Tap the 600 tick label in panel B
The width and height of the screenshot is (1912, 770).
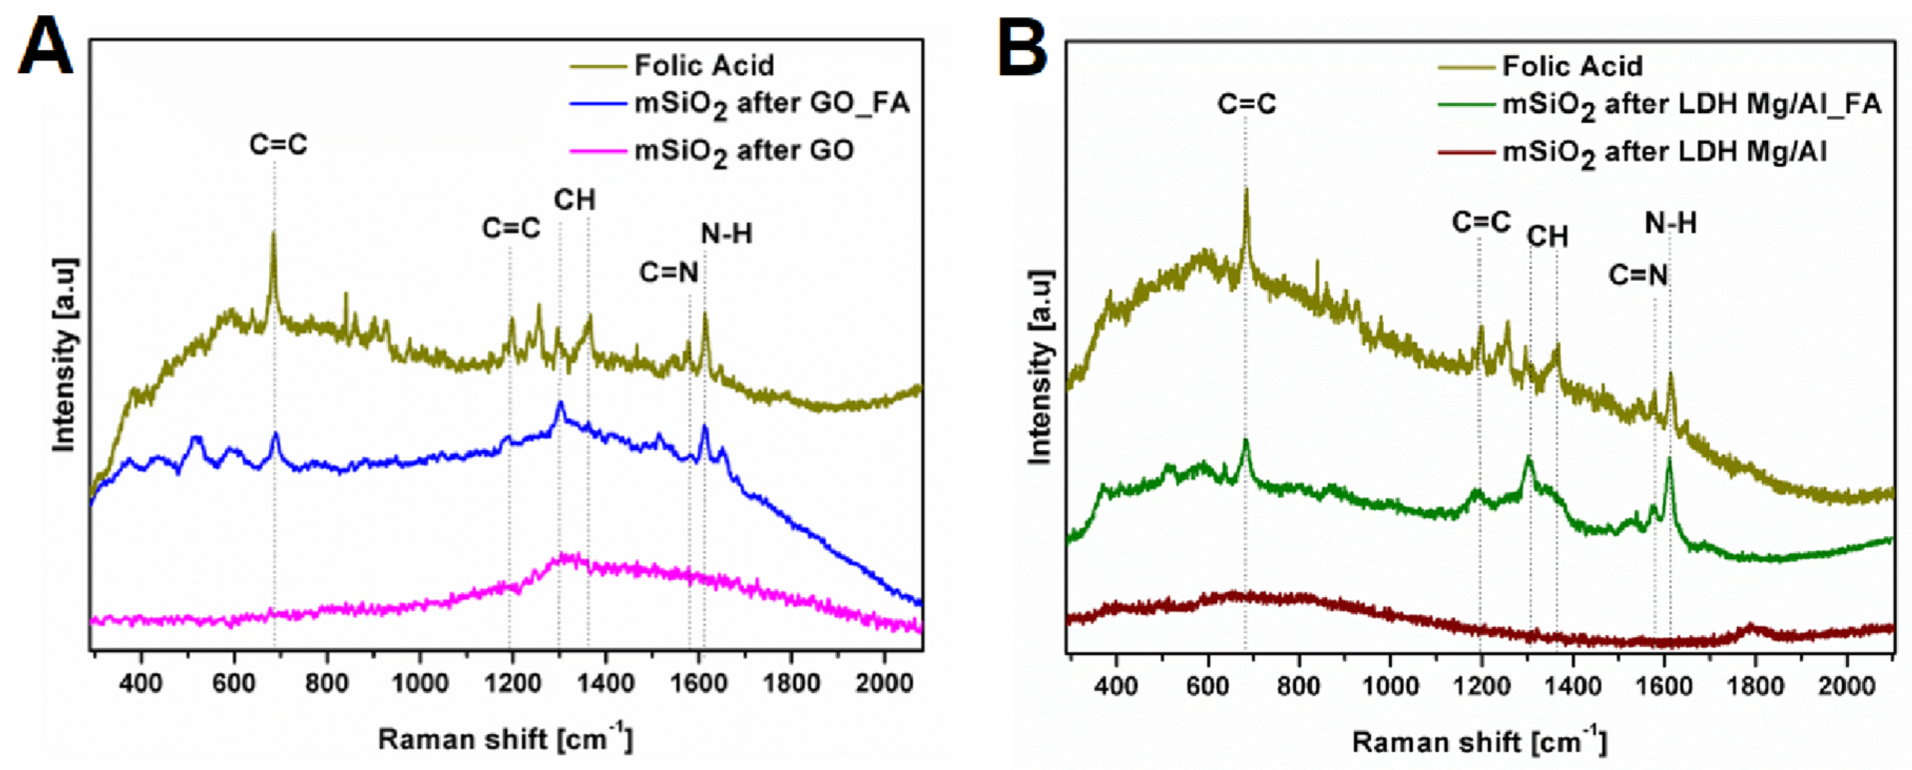pyautogui.click(x=1207, y=685)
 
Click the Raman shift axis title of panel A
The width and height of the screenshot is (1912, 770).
pyautogui.click(x=505, y=739)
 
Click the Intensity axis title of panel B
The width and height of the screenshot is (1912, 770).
pyautogui.click(x=1041, y=368)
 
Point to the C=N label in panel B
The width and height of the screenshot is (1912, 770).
pyautogui.click(x=1638, y=275)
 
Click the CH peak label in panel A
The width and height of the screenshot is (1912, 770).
pyautogui.click(x=575, y=201)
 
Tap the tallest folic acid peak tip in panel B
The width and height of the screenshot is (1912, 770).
pyautogui.click(x=1246, y=190)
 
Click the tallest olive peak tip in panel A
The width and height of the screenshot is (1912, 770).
pyautogui.click(x=273, y=232)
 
